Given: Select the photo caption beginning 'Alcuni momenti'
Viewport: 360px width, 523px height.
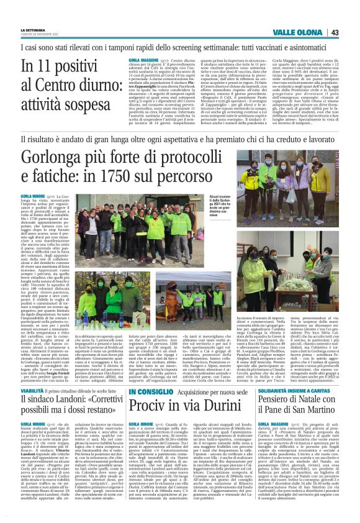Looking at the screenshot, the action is [x=220, y=214].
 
